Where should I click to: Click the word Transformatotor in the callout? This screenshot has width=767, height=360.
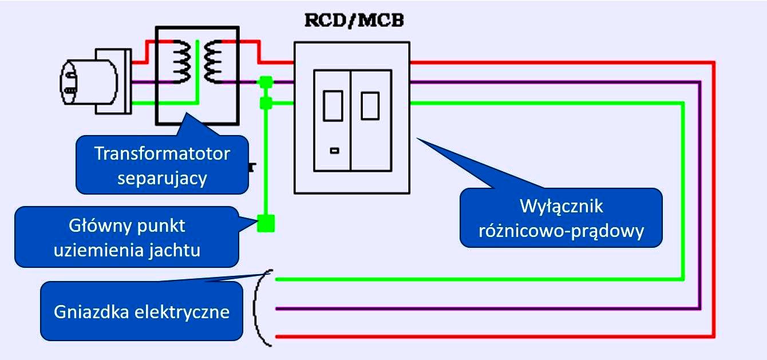[x=162, y=154]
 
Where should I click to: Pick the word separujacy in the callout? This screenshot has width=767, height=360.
[x=162, y=177]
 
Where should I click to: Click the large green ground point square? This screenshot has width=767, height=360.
[x=266, y=223]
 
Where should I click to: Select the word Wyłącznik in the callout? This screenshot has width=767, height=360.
[x=562, y=205]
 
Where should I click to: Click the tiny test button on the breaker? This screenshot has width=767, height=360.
[x=334, y=151]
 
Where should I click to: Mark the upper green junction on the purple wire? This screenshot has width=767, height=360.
[x=265, y=82]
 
